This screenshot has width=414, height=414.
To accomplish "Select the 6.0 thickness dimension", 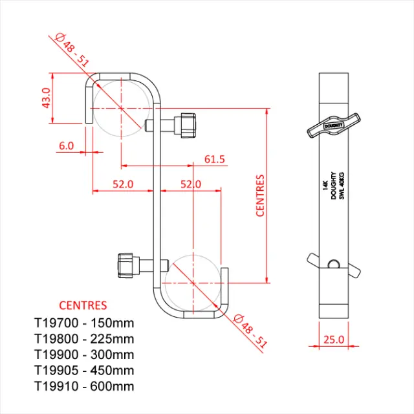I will pyautogui.click(x=66, y=146).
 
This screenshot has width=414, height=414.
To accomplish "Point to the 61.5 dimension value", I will pyautogui.click(x=214, y=158).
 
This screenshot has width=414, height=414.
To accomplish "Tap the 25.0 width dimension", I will pyautogui.click(x=333, y=339).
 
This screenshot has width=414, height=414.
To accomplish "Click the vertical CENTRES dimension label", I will pyautogui.click(x=261, y=195).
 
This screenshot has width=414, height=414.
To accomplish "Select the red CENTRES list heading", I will pyautogui.click(x=83, y=305).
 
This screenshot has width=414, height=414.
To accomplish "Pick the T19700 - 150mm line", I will pyautogui.click(x=84, y=322).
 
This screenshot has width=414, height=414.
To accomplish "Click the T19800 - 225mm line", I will pyautogui.click(x=84, y=338).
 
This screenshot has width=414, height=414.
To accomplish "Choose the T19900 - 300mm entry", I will pyautogui.click(x=84, y=354).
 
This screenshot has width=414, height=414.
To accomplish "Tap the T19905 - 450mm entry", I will pyautogui.click(x=84, y=371).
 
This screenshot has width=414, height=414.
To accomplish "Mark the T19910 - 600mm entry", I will pyautogui.click(x=84, y=387).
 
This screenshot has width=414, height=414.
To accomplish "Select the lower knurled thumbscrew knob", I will pyautogui.click(x=128, y=264).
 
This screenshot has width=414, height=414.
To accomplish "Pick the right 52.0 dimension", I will pyautogui.click(x=190, y=184).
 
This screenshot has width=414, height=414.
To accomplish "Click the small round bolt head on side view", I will pyautogui.click(x=333, y=263).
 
